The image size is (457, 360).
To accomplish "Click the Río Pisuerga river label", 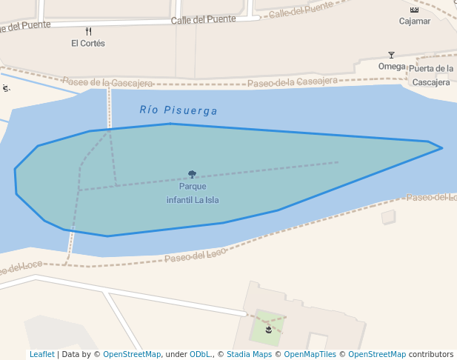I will pyautogui.click(x=179, y=110).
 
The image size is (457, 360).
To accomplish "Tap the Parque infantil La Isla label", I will pyautogui.click(x=193, y=193).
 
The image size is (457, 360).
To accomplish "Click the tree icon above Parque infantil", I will pyautogui.click(x=193, y=175).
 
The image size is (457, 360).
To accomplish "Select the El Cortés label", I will pyautogui.click(x=88, y=44).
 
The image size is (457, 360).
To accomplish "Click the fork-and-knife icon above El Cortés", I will pyautogui.click(x=89, y=32).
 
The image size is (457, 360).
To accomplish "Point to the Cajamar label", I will pyautogui.click(x=415, y=21).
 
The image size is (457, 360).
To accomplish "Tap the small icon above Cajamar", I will pyautogui.click(x=414, y=10).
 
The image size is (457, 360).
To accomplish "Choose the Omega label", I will pyautogui.click(x=392, y=67).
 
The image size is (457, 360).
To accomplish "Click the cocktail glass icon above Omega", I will pyautogui.click(x=392, y=55).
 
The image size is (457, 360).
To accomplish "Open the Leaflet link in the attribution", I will pyautogui.click(x=41, y=355).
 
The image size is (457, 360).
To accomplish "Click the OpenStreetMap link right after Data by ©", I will pyautogui.click(x=132, y=355).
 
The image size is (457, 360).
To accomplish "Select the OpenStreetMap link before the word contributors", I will pyautogui.click(x=377, y=355).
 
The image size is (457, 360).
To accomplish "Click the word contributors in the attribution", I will pyautogui.click(x=431, y=355).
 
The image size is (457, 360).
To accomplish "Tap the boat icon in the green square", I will pyautogui.click(x=268, y=329).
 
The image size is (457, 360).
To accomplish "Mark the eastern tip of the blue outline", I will pyautogui.click(x=442, y=148).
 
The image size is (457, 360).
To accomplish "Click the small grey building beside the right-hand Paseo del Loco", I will pyautogui.click(x=388, y=217).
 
